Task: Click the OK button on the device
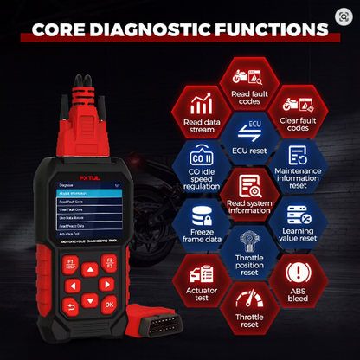109,304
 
